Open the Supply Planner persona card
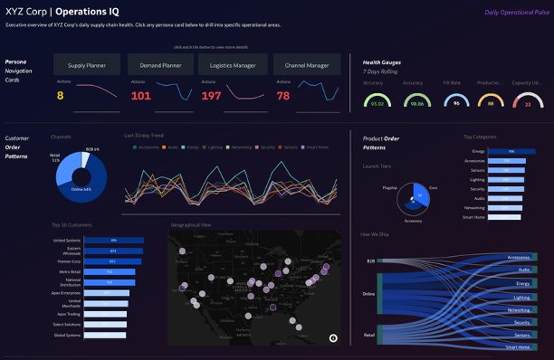click(x=88, y=64)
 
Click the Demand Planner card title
click(x=160, y=64)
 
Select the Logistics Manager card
click(x=233, y=64)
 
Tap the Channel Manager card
click(x=306, y=64)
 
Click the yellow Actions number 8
click(x=61, y=95)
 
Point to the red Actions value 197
click(x=211, y=95)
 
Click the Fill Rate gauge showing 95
click(x=456, y=102)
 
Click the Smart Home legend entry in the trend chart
click(x=316, y=147)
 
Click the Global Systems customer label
click(x=67, y=335)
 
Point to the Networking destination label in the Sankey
click(x=519, y=309)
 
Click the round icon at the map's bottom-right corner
click(x=333, y=337)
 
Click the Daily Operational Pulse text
click(x=516, y=13)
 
